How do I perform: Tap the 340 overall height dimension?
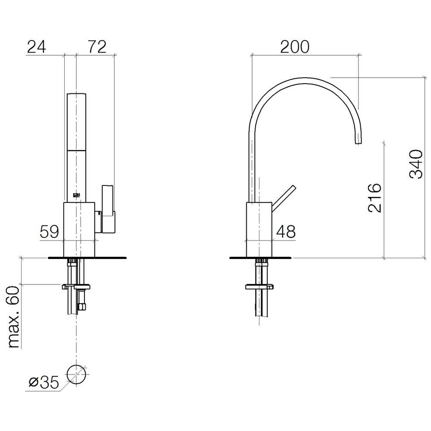pos(416,164)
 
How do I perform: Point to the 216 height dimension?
pos(375,198)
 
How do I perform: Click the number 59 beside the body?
pos(50,231)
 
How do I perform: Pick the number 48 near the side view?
pos(286,231)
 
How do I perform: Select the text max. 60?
pos(14,317)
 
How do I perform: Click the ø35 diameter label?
pos(44,382)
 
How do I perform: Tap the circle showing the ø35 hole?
pos(76,365)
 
